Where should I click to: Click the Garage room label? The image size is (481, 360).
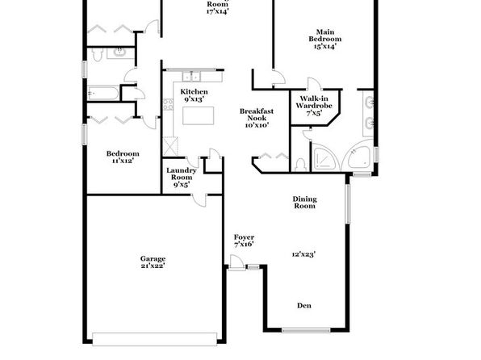[153, 259]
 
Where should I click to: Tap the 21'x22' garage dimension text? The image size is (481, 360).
[153, 266]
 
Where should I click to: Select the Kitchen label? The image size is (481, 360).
[194, 91]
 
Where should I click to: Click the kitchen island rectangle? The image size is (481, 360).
[199, 115]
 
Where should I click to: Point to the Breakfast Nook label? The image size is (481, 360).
[257, 115]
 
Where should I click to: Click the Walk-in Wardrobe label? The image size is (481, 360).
[314, 102]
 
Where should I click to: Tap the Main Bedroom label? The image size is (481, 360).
[325, 36]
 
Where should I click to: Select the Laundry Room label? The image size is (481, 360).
[182, 174]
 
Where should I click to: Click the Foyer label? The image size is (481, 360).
[244, 237]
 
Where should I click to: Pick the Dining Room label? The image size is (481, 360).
[304, 203]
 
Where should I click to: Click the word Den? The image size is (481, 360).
[304, 305]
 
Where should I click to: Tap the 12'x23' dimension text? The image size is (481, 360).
[303, 254]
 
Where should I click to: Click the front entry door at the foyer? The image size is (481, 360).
[236, 263]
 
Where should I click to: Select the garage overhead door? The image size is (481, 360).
[155, 339]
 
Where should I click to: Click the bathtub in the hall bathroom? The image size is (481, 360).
[103, 93]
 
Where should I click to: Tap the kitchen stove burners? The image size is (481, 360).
[168, 104]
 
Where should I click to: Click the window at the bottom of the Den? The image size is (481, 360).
[306, 330]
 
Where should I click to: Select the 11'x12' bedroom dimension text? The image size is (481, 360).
[123, 161]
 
